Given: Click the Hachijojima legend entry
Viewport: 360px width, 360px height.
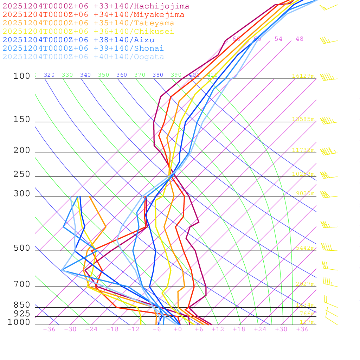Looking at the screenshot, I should click(x=96, y=6).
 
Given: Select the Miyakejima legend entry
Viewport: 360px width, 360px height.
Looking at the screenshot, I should click(x=94, y=15).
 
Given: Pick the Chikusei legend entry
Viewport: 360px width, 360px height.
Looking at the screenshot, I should click(x=88, y=32).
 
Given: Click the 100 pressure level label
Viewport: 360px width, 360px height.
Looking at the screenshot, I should click(x=22, y=76).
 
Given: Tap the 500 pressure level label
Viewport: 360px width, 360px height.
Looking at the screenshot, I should click(x=22, y=249).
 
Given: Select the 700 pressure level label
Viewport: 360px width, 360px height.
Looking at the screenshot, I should click(x=22, y=284).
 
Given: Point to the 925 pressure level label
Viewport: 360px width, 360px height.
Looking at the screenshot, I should click(x=22, y=314).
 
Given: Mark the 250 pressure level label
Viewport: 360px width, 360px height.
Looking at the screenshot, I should click(x=22, y=174).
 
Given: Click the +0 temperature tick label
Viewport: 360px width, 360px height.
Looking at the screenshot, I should click(x=178, y=329).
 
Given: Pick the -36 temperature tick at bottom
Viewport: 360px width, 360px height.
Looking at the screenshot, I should click(x=49, y=329).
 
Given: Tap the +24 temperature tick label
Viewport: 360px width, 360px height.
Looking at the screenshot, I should click(x=260, y=329).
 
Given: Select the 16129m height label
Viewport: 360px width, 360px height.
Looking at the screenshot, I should click(x=303, y=76).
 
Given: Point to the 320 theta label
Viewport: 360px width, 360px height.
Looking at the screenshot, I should click(x=49, y=75).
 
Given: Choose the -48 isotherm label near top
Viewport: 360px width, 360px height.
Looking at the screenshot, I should click(x=297, y=39).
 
